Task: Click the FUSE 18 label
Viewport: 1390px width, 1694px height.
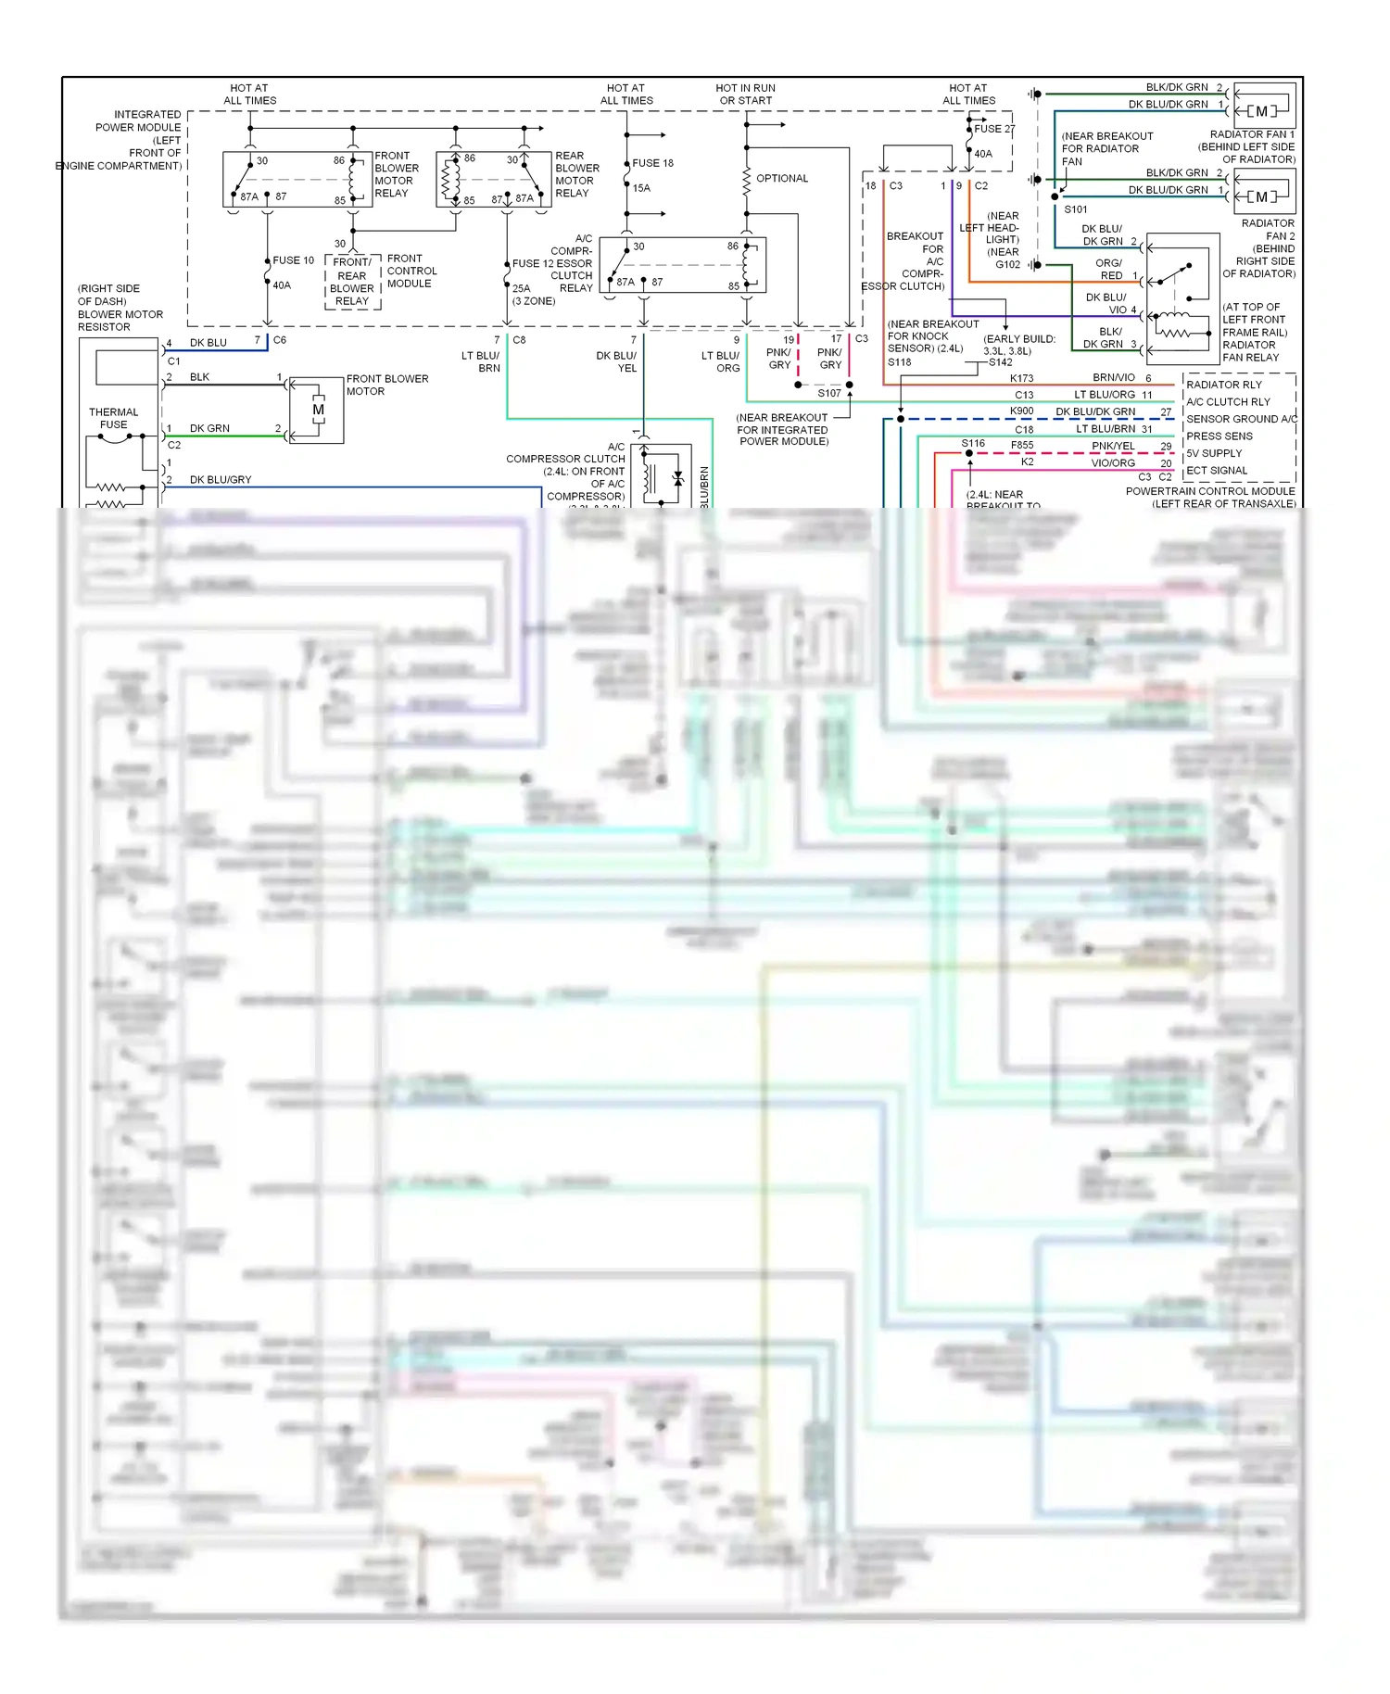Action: (x=652, y=163)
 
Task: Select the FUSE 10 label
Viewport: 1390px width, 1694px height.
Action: (x=293, y=260)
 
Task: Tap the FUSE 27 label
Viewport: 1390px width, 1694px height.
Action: (x=993, y=129)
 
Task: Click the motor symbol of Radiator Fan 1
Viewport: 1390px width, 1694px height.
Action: (x=1261, y=111)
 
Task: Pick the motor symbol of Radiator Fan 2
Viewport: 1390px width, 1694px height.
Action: (x=1261, y=196)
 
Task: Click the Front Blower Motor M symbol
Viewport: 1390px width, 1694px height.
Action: (x=318, y=411)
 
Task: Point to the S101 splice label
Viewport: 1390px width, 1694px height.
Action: (x=1075, y=209)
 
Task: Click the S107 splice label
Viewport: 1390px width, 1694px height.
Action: (x=828, y=393)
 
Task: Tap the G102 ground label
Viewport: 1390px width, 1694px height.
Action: (x=1007, y=265)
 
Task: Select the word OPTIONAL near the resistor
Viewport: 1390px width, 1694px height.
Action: (x=782, y=178)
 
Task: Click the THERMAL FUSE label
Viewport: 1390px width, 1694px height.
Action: (x=113, y=418)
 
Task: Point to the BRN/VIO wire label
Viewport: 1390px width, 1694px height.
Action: (x=1113, y=377)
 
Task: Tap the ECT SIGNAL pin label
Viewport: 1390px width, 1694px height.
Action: (x=1217, y=470)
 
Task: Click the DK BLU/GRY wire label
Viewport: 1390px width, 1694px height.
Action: (x=221, y=479)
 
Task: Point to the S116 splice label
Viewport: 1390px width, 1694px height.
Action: (x=973, y=443)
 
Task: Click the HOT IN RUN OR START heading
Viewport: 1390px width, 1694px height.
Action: (x=745, y=95)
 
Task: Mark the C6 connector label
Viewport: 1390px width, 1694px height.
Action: (x=280, y=340)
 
